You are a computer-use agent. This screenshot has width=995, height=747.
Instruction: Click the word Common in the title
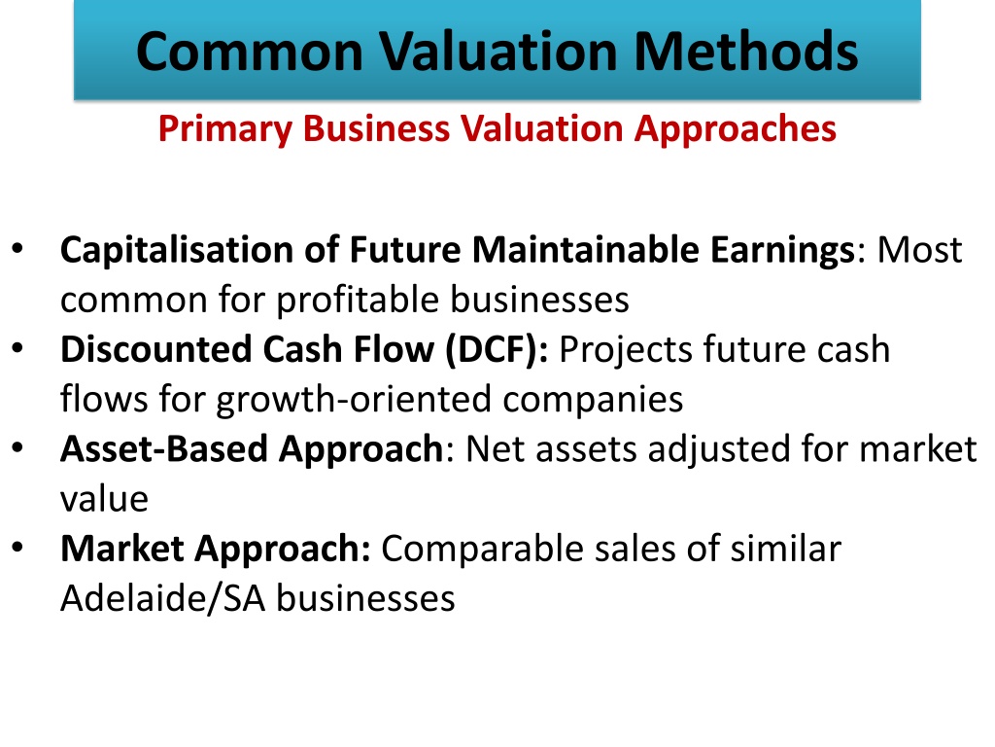(250, 51)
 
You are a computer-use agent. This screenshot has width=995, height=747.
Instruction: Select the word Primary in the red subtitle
(224, 129)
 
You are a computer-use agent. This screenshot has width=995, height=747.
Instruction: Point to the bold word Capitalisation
(177, 250)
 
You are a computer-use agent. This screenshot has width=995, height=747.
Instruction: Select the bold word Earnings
(783, 250)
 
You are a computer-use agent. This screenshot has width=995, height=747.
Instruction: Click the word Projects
(625, 350)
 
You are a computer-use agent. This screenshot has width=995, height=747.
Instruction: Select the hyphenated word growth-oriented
(354, 400)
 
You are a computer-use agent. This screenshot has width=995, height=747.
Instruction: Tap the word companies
(593, 400)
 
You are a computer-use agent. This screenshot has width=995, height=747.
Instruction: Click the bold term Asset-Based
(163, 449)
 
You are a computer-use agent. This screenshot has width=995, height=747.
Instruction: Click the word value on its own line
(104, 499)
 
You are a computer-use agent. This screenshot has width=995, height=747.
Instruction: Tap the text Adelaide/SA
(162, 598)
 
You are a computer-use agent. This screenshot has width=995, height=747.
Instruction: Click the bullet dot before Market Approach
(17, 548)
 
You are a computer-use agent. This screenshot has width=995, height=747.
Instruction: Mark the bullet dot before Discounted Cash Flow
(17, 348)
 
